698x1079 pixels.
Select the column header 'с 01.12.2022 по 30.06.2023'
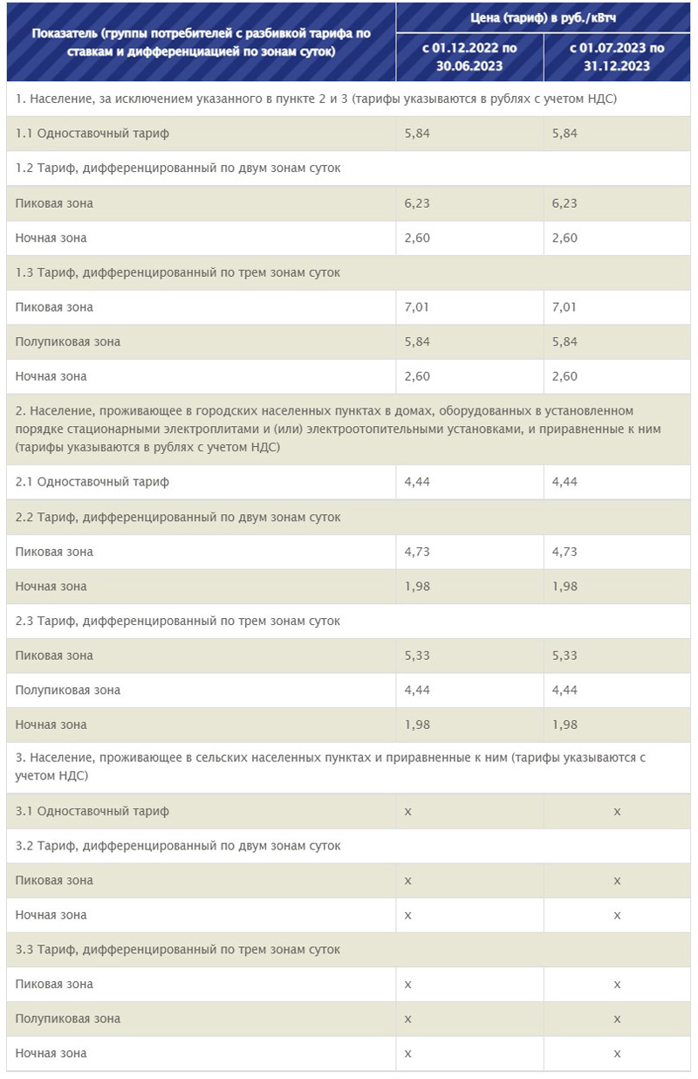pos(469,57)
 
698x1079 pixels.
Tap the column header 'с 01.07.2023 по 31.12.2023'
pos(617,57)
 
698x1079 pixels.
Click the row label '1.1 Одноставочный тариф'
pos(92,134)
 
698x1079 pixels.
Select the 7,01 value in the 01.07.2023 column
pos(565,307)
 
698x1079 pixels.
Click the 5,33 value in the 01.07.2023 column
pos(565,656)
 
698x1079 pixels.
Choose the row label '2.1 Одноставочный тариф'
pos(92,482)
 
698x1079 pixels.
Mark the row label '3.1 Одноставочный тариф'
pos(92,811)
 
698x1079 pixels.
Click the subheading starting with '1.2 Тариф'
pos(178,168)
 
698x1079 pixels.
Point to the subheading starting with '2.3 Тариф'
pos(178,621)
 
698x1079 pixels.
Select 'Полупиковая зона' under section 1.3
pos(68,341)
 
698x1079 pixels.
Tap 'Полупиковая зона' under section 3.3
pos(68,1019)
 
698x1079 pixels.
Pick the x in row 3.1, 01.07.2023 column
pos(617,811)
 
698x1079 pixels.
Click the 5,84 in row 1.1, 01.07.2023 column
pos(565,134)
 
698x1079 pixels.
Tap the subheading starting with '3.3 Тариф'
pos(178,949)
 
